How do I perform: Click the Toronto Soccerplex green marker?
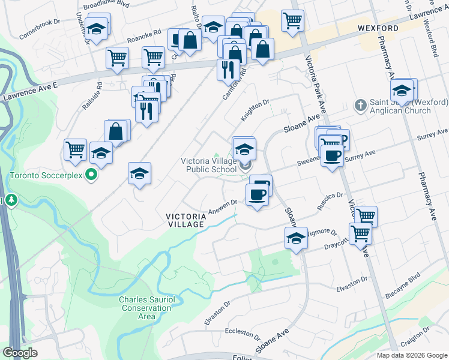point(91,175)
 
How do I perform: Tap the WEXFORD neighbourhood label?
point(378,28)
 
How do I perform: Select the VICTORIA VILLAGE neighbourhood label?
point(185,220)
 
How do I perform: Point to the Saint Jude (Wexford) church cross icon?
point(360,106)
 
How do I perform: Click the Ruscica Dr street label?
point(330,196)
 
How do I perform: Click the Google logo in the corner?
point(20,353)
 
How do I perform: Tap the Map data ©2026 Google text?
point(412,355)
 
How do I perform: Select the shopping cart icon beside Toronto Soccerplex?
point(75,149)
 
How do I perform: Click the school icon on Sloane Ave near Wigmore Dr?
point(295,238)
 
